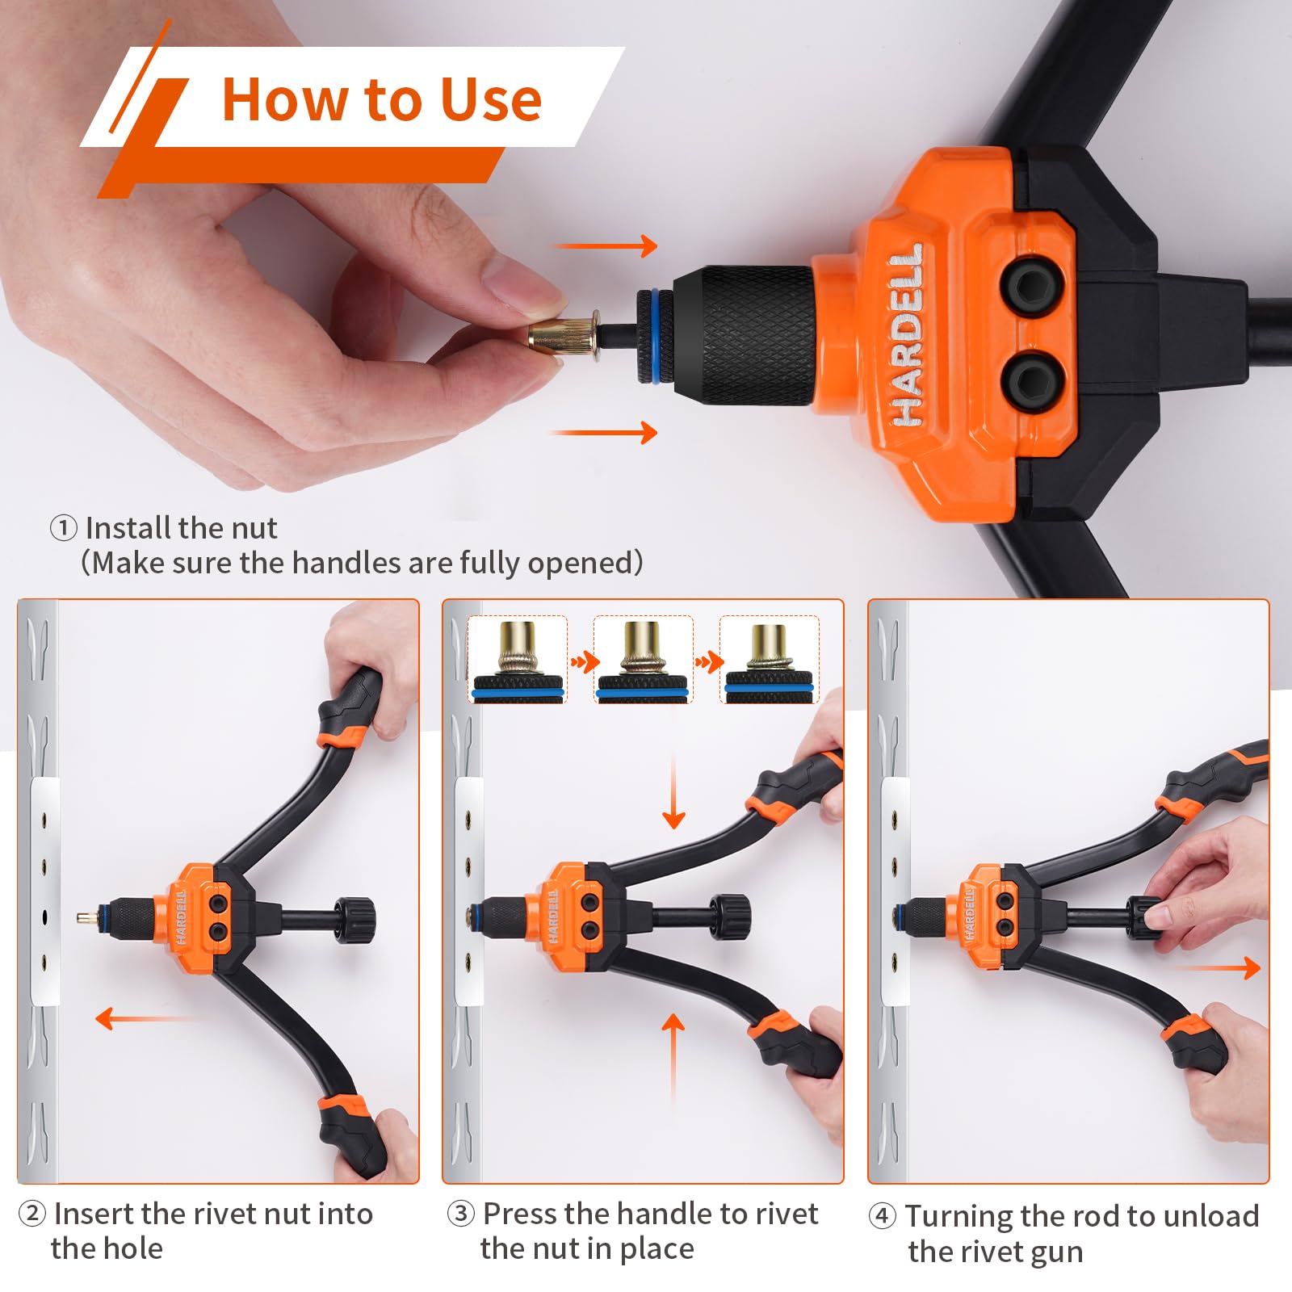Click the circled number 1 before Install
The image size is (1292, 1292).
(63, 529)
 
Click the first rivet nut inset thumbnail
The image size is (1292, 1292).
(518, 660)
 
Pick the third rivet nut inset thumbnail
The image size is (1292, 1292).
(769, 660)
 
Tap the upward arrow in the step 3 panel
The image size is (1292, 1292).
(673, 1058)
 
